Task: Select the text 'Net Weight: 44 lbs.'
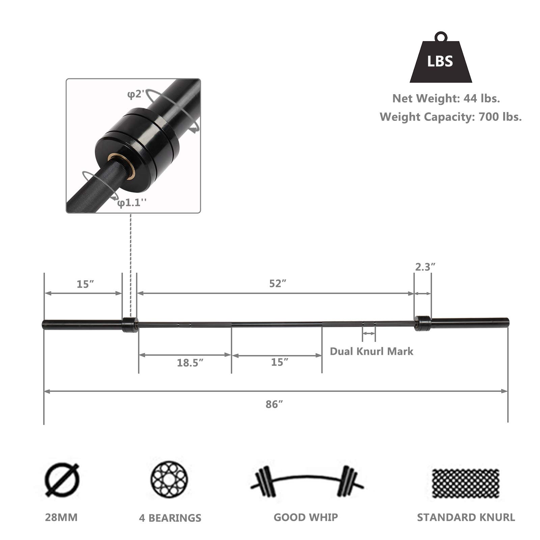pos(446,99)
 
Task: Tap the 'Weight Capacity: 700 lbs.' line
pos(451,117)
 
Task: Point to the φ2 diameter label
pos(136,94)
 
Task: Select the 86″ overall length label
pos(274,404)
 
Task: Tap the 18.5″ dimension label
pos(190,363)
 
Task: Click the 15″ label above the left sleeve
pos(85,284)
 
